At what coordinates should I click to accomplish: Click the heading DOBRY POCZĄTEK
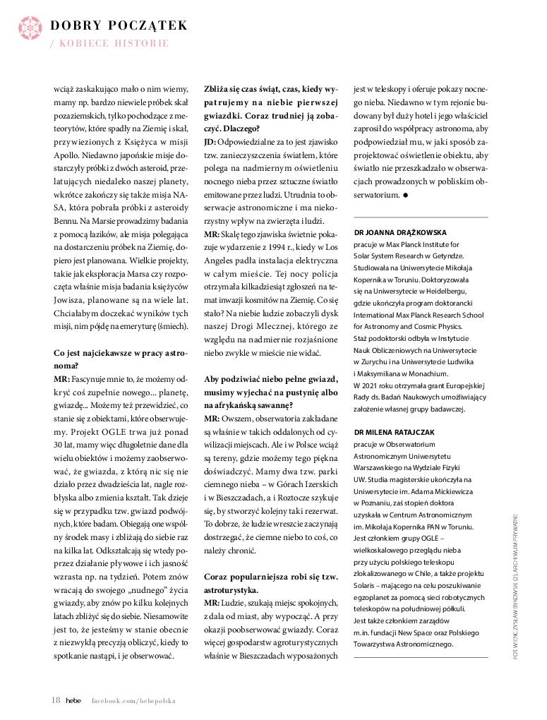click(x=118, y=25)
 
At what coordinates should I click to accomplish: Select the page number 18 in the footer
click(x=56, y=700)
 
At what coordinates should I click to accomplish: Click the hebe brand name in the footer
click(x=74, y=701)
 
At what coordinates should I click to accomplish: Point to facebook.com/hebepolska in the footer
click(x=133, y=701)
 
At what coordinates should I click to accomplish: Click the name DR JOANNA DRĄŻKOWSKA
click(x=399, y=232)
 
